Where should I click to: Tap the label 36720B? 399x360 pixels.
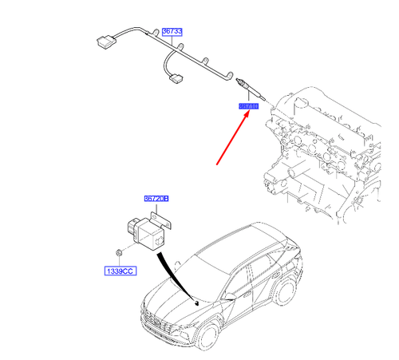pos(156,198)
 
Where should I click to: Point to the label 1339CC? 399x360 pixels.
pos(117,271)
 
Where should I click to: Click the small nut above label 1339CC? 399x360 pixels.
pos(117,253)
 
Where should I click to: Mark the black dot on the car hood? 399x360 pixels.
pos(196,303)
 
